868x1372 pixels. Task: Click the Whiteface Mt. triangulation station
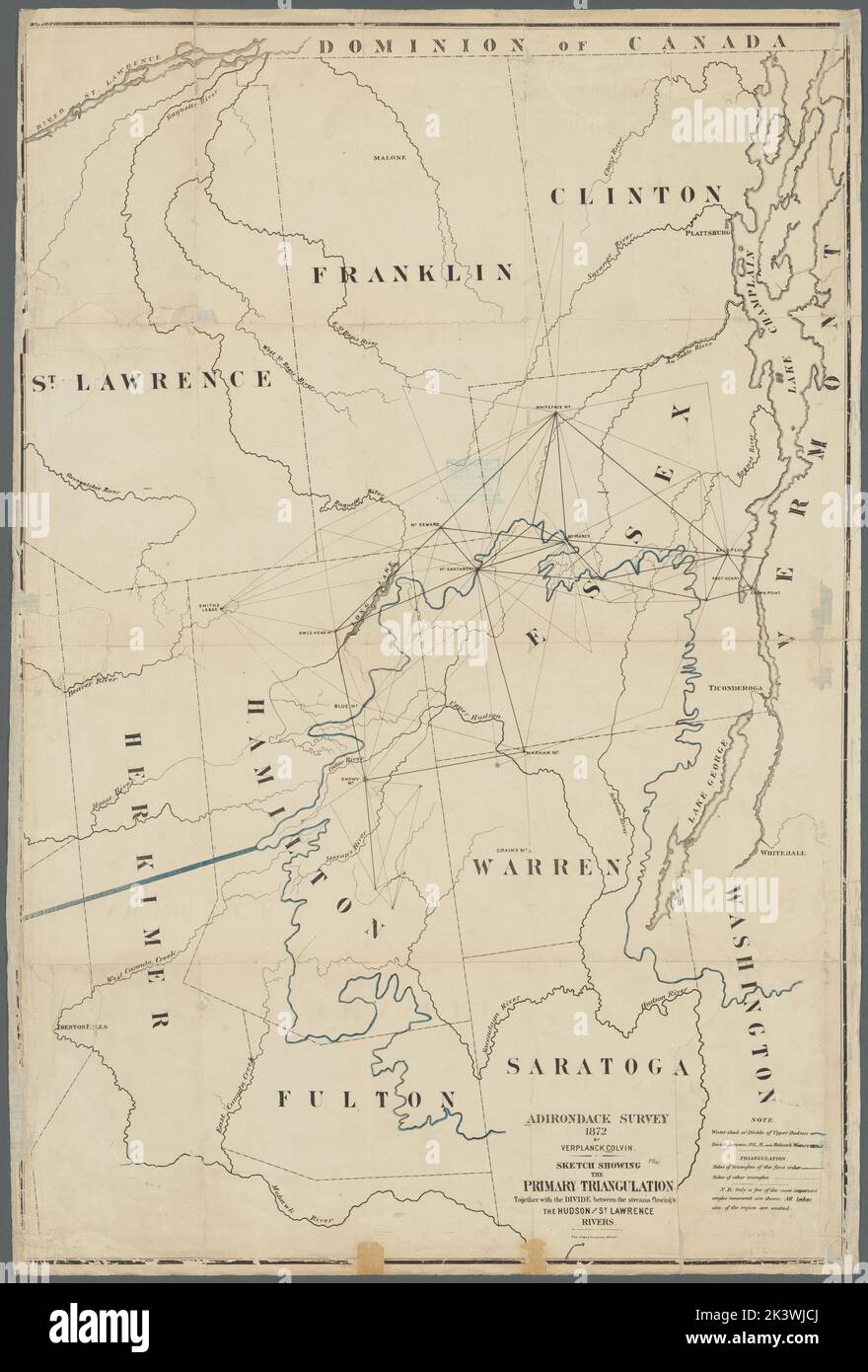tap(556, 415)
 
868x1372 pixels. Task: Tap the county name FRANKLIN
tap(412, 273)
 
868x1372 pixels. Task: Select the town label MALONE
tap(392, 157)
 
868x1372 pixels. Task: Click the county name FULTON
tap(366, 1099)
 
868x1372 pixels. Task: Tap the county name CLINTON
tap(636, 194)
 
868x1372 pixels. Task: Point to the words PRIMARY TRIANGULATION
tap(599, 1185)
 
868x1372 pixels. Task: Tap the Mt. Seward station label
tap(421, 523)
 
